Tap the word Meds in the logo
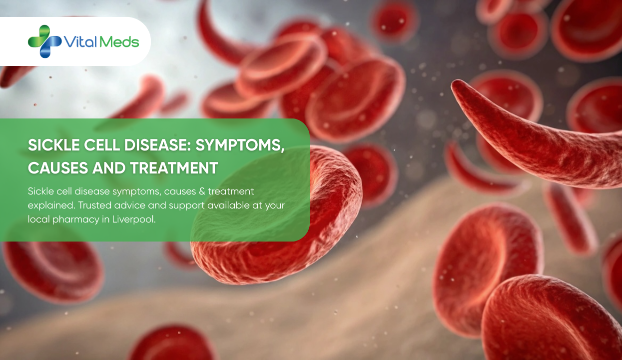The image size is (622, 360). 119,42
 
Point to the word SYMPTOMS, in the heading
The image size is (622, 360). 240,145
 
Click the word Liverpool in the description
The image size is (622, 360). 135,219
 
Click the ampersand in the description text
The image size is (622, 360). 200,191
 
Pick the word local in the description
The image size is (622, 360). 38,219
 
